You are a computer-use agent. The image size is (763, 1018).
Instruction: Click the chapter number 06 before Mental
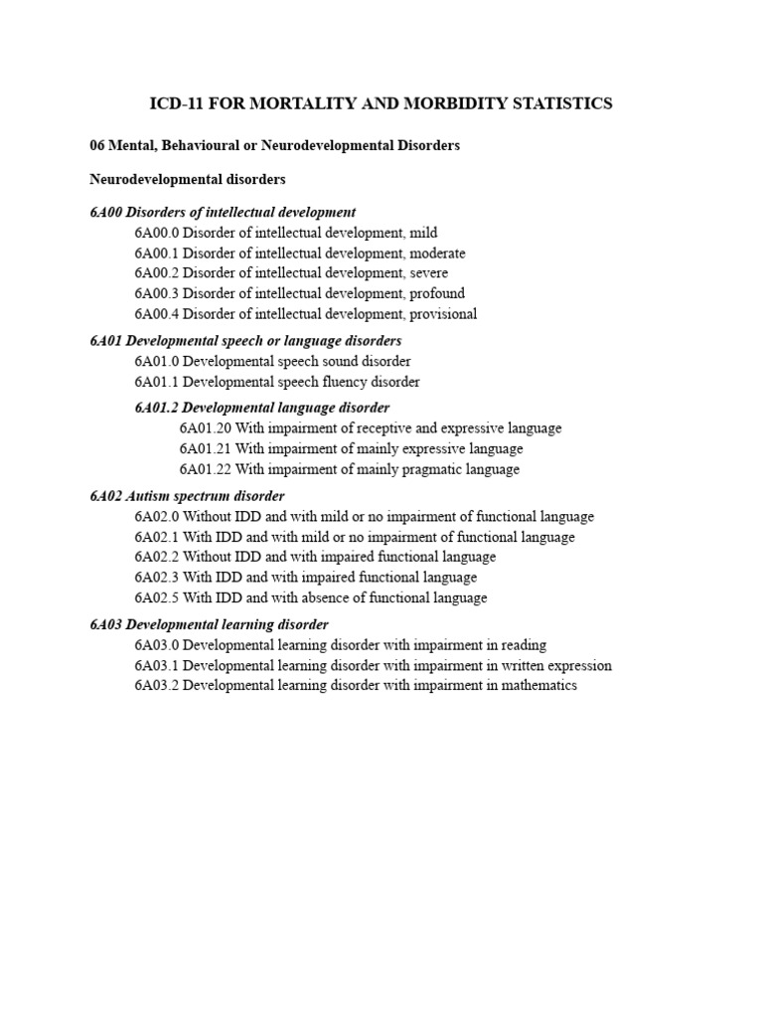pos(97,145)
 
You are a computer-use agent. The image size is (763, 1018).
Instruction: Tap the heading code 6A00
pos(105,212)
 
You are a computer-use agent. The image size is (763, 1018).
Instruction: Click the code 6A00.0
pos(156,233)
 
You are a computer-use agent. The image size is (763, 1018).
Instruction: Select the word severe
pos(427,273)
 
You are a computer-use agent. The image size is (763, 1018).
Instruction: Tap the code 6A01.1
pos(156,382)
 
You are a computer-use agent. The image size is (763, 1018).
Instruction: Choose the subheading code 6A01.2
pos(157,408)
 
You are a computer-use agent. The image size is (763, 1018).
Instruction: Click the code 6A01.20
pos(205,428)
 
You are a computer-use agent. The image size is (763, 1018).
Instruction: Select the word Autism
pos(146,495)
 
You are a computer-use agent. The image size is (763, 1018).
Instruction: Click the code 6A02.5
pos(156,597)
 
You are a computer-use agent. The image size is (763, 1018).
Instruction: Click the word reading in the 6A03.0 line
pos(523,645)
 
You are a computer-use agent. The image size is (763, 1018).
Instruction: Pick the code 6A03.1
pos(156,666)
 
